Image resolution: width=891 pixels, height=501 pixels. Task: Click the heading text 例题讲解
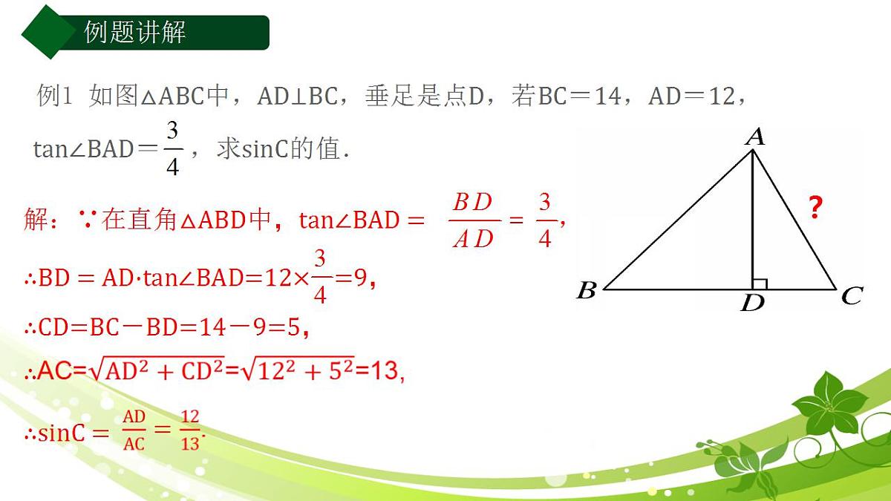click(x=135, y=33)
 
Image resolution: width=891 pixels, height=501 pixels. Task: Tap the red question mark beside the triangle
click(x=815, y=209)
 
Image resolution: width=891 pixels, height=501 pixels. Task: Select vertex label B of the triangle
click(x=587, y=290)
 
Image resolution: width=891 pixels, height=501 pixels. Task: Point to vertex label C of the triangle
click(x=851, y=297)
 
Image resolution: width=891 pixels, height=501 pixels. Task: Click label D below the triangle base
click(x=753, y=303)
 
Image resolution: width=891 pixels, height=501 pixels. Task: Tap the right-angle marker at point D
click(x=760, y=283)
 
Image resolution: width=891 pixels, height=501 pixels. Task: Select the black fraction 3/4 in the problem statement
click(x=172, y=148)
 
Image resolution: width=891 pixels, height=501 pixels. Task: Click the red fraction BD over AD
click(x=473, y=220)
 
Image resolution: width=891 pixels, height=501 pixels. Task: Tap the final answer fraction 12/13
click(x=190, y=430)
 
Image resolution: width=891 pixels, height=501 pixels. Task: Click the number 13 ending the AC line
click(x=385, y=371)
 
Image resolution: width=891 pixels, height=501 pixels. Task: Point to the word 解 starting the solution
click(x=36, y=220)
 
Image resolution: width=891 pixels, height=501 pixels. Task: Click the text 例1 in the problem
click(x=54, y=96)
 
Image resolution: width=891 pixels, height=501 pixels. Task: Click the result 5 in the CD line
click(x=295, y=327)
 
